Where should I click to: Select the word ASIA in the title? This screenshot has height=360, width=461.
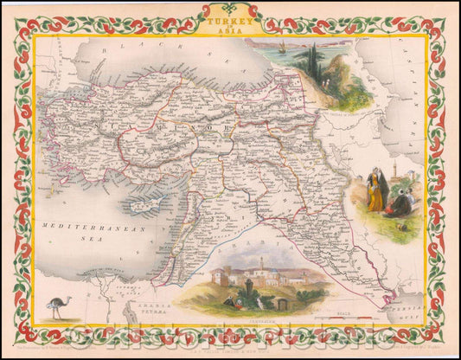pyautogui.click(x=231, y=27)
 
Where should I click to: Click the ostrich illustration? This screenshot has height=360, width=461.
pyautogui.click(x=57, y=305)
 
